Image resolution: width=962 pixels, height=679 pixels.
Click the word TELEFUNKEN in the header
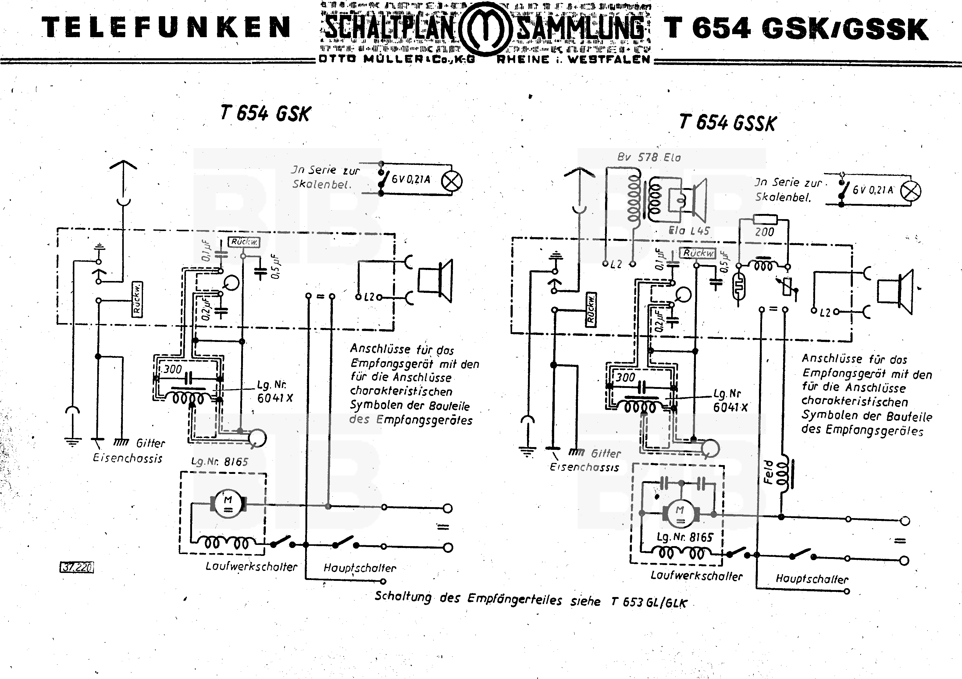[166, 28]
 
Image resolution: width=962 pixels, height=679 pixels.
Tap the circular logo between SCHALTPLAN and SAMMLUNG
[485, 28]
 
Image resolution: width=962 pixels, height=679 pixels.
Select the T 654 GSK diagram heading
[265, 113]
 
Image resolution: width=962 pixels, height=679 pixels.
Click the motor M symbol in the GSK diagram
[228, 504]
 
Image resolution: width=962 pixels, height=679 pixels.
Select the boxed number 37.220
[77, 567]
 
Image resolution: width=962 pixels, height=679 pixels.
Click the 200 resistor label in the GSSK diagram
[764, 232]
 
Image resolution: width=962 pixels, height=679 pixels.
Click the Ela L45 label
[689, 230]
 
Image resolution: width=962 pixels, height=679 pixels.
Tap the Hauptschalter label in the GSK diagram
[359, 568]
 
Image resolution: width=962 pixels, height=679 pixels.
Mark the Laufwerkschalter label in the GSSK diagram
[697, 576]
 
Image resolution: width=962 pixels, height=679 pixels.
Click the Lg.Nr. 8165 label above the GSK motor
[219, 462]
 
